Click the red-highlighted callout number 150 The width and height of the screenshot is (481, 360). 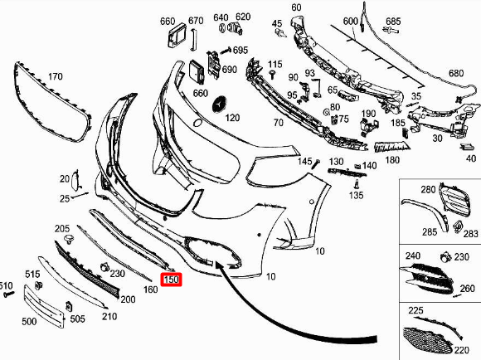click(172, 280)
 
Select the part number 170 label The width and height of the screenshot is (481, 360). click(54, 77)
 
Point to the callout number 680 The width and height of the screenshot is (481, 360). click(456, 74)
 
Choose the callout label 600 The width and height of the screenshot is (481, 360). click(350, 20)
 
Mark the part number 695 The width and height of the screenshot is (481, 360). click(240, 51)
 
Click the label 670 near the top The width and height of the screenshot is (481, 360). click(196, 20)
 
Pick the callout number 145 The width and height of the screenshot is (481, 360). click(305, 161)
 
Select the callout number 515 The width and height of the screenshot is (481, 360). click(32, 275)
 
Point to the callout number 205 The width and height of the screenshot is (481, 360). click(62, 228)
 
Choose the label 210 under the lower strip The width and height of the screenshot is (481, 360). click(109, 316)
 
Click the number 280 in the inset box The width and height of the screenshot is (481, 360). click(427, 191)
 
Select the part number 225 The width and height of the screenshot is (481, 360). click(415, 310)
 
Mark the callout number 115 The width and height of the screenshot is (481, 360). click(275, 64)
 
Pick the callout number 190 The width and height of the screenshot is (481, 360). click(368, 114)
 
